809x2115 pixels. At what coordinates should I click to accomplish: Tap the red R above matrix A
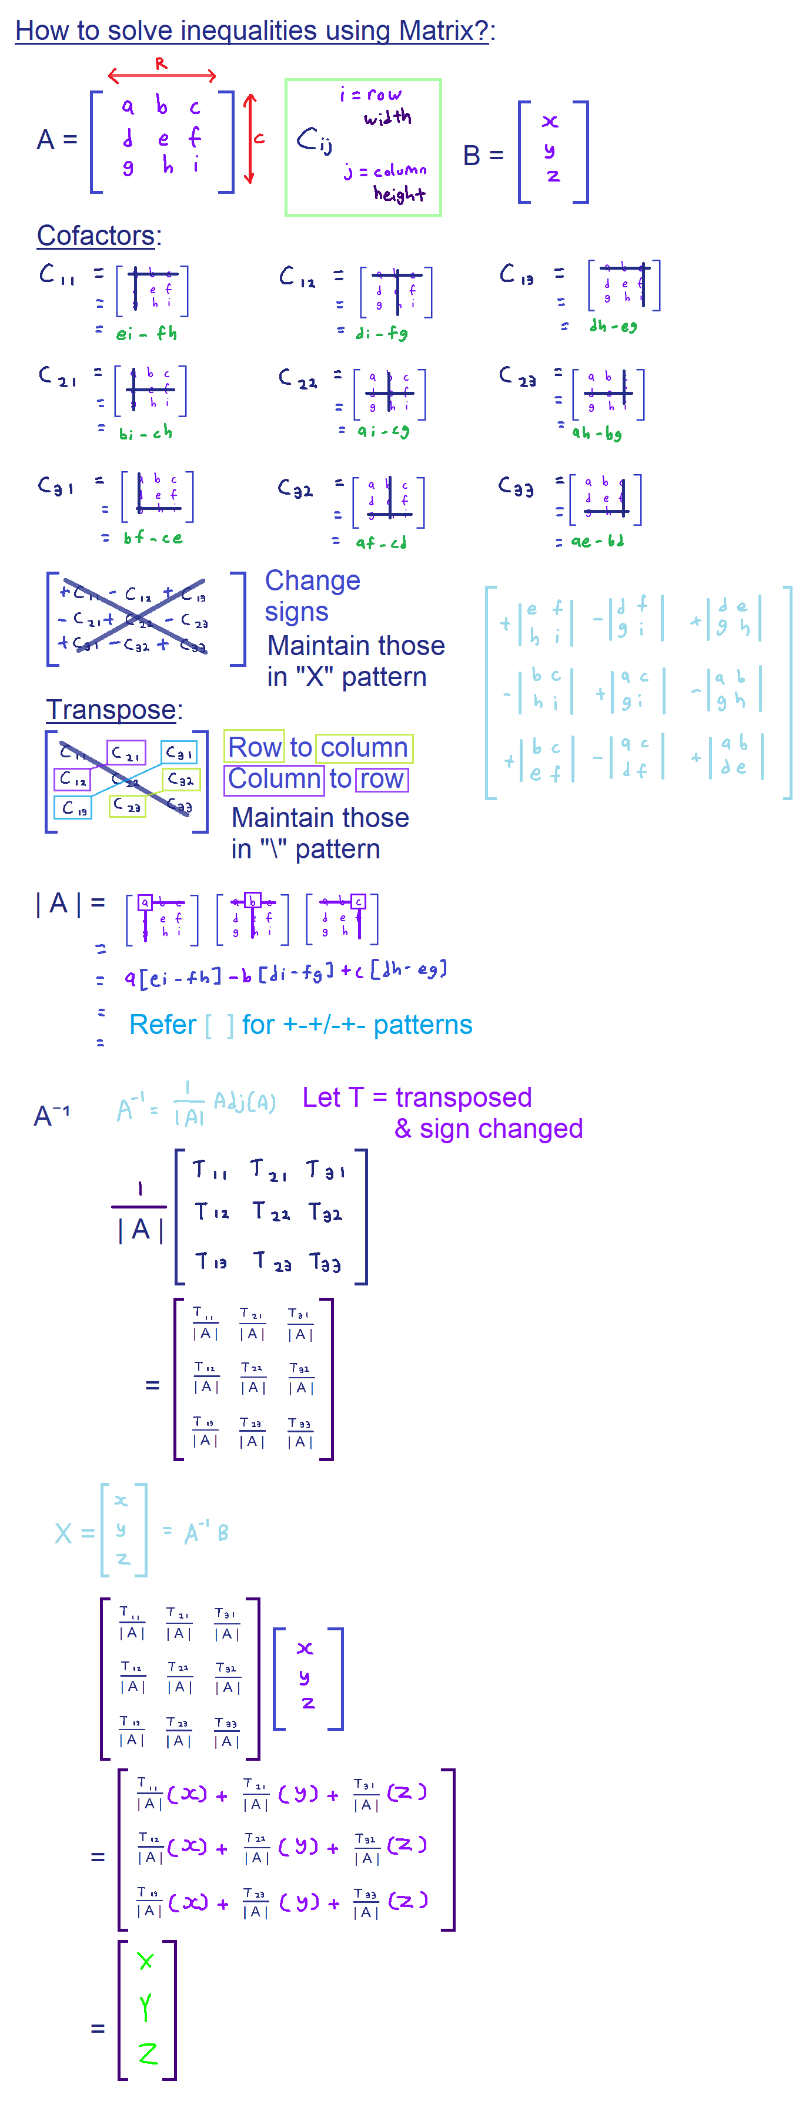(161, 63)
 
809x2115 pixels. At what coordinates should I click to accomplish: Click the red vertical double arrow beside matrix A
(250, 139)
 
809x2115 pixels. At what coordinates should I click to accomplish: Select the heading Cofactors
(96, 236)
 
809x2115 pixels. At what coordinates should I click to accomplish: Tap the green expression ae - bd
(597, 541)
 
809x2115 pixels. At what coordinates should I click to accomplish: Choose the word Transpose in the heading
(111, 709)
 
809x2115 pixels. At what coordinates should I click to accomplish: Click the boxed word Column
(273, 778)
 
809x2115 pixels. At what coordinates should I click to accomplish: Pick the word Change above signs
(312, 580)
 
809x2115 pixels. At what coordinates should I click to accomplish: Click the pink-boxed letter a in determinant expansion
(145, 902)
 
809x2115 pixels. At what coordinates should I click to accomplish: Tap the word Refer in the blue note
(163, 1025)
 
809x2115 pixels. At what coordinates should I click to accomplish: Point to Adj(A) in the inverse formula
(245, 1101)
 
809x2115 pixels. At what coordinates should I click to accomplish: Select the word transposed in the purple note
(463, 1097)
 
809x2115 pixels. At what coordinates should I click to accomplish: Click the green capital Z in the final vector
(148, 2054)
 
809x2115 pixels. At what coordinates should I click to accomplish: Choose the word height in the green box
(399, 194)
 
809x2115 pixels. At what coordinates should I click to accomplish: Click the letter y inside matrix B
(550, 150)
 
